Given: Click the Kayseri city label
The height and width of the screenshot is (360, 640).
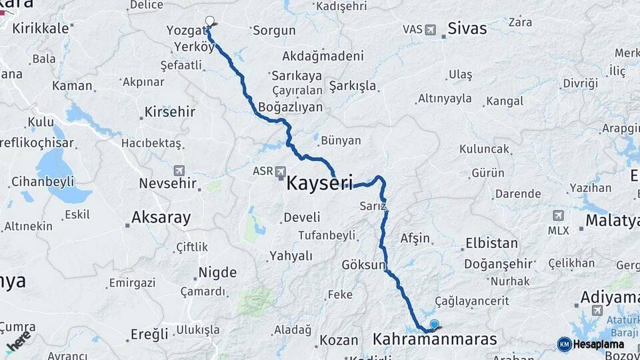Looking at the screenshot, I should click(319, 183).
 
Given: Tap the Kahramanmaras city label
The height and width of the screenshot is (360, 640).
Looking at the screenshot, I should click(434, 339).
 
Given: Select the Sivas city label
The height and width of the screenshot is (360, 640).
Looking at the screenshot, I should click(467, 29).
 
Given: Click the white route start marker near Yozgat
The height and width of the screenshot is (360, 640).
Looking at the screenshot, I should click(210, 21).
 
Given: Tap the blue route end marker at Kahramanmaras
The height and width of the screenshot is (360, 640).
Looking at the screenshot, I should click(435, 325).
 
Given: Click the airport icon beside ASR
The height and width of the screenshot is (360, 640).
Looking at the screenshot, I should click(281, 171).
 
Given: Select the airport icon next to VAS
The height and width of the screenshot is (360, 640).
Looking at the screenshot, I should click(430, 29).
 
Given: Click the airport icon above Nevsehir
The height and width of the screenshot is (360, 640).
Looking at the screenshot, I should click(179, 171).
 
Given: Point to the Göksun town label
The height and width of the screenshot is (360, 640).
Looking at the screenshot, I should click(363, 265).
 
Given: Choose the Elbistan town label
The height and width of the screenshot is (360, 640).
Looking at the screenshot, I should click(491, 243).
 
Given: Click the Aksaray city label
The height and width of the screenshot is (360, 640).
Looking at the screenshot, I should click(161, 217).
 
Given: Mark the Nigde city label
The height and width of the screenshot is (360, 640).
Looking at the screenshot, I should click(217, 273).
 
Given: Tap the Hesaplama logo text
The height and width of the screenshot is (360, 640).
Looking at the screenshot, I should click(598, 345).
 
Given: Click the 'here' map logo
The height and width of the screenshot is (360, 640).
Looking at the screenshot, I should click(19, 340).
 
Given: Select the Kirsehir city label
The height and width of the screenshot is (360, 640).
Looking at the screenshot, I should click(170, 111).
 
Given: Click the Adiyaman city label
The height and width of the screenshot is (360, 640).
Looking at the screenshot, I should click(609, 297).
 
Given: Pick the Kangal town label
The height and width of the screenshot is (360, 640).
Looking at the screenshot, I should click(505, 101).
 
